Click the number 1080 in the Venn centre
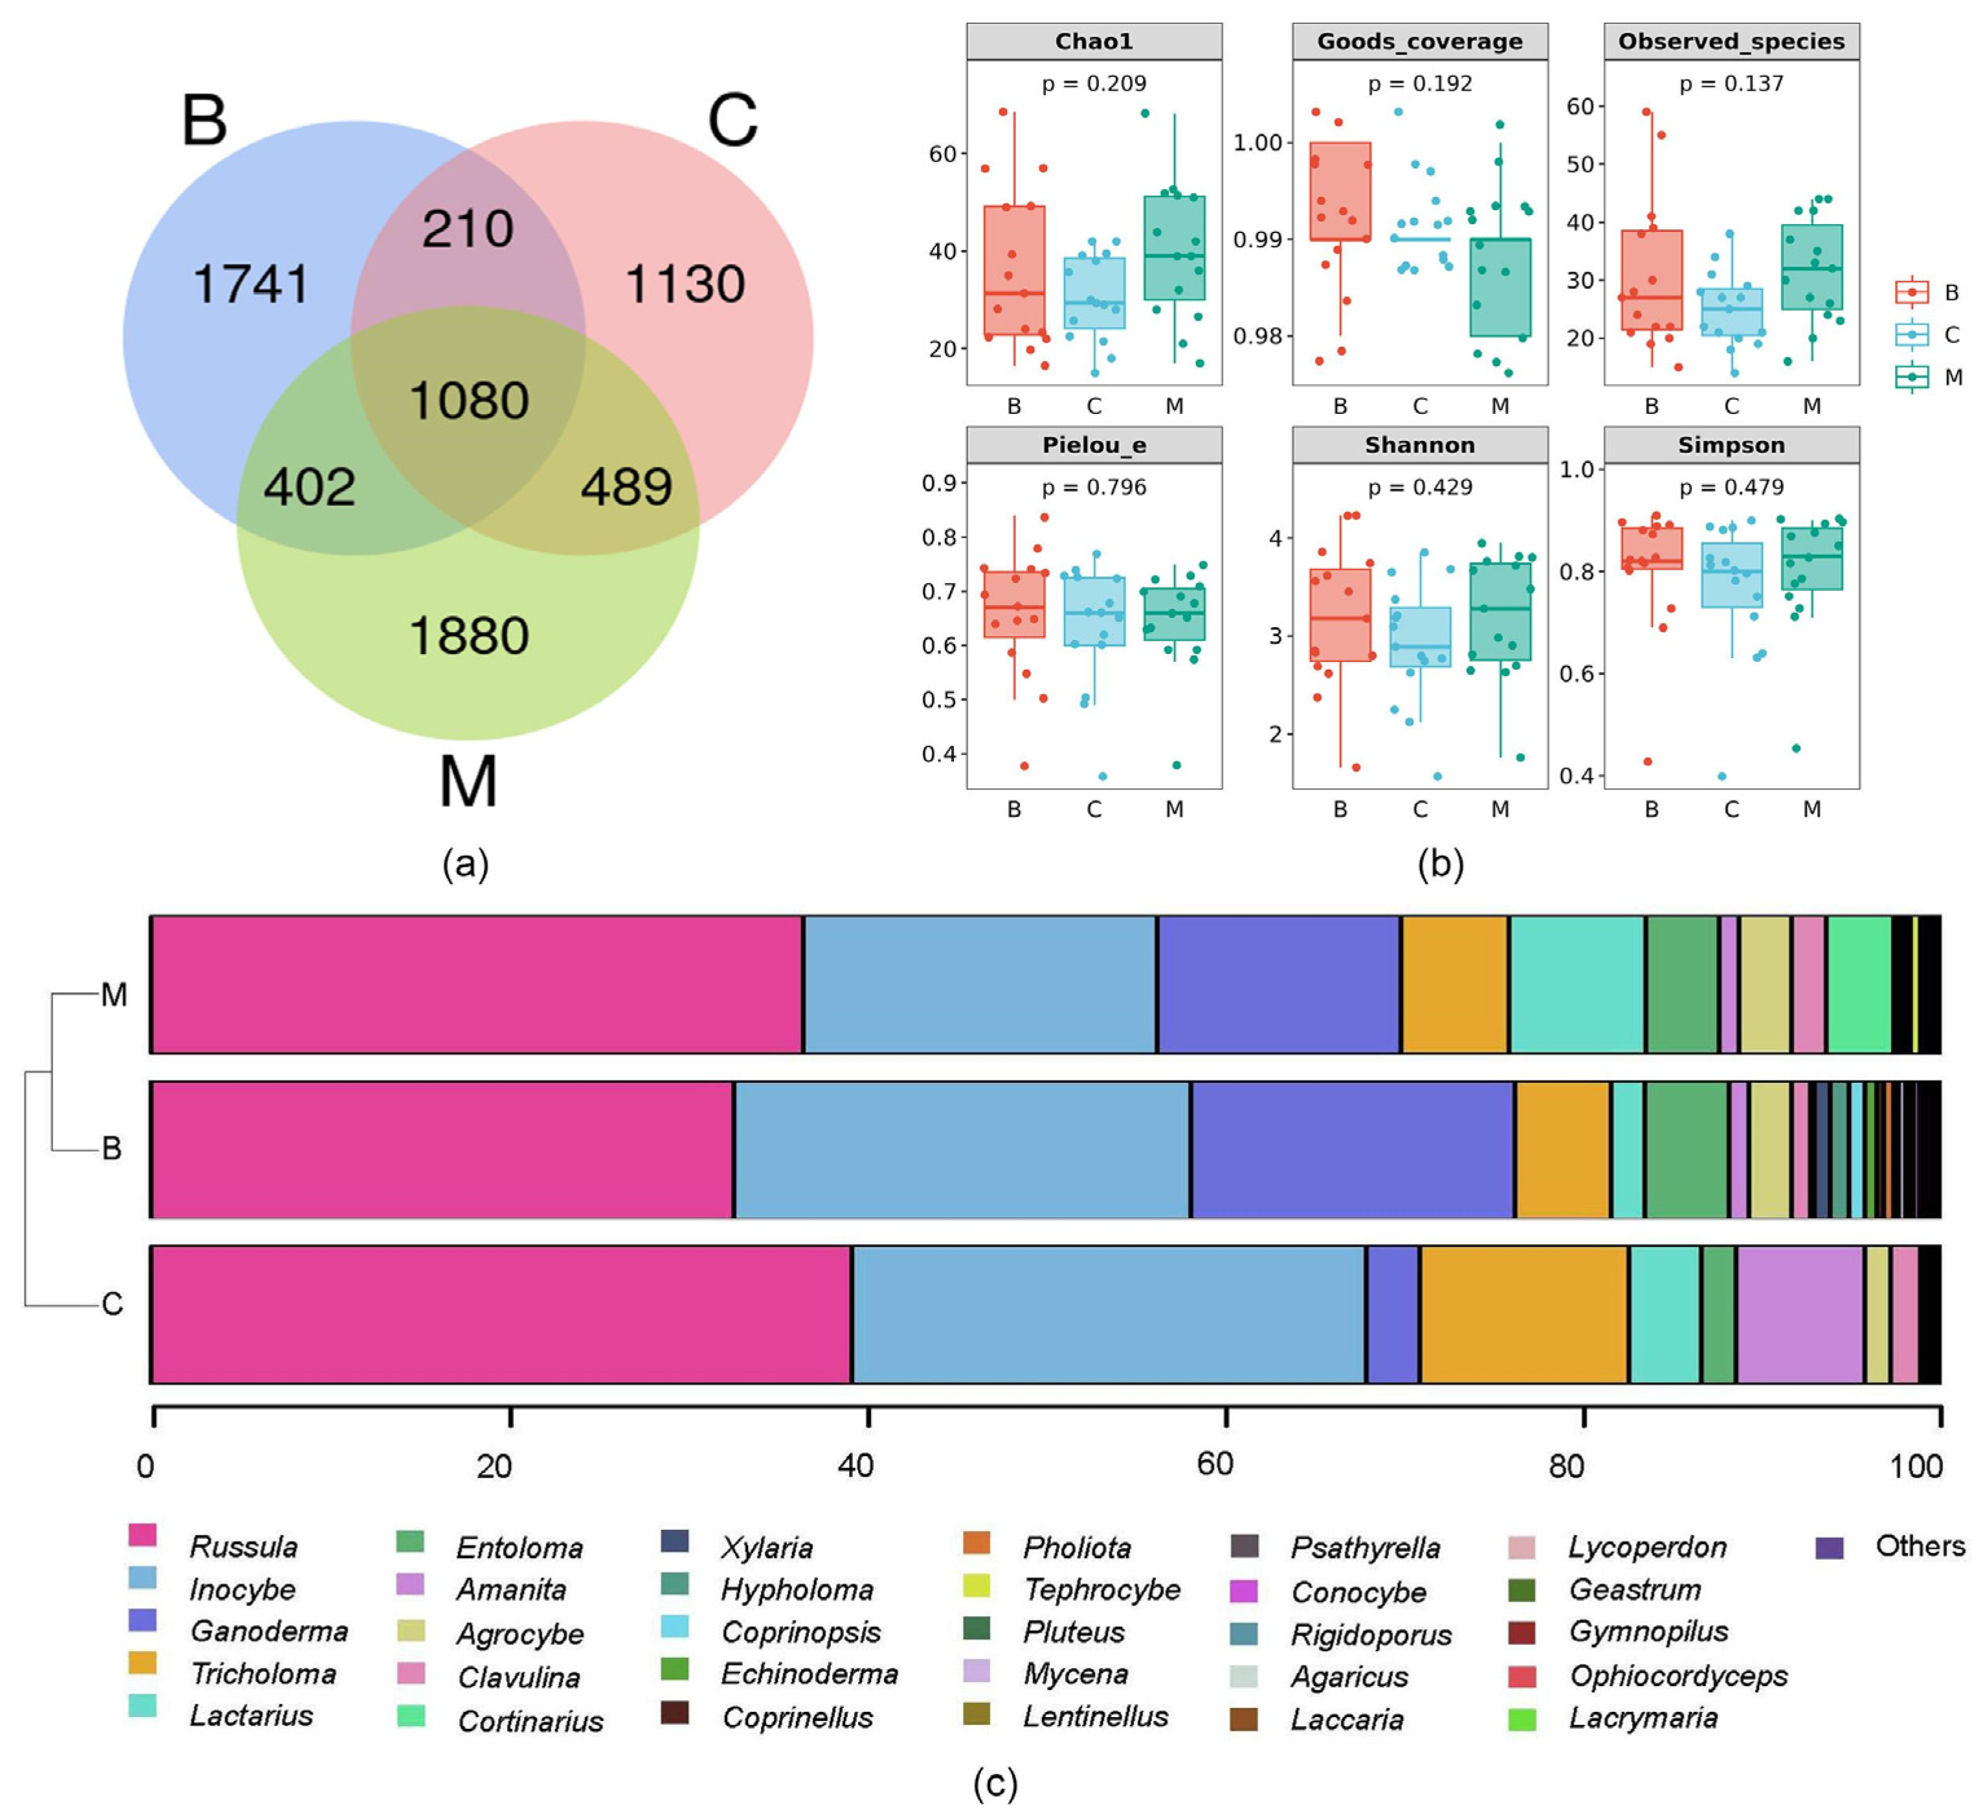[469, 401]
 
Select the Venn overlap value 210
[468, 229]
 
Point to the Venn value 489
[626, 486]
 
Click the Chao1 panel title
[1094, 41]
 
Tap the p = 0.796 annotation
[1094, 487]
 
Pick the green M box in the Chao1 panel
[1174, 247]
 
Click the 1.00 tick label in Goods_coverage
[1258, 143]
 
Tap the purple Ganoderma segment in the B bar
[1352, 1150]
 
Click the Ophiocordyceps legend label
[1679, 1676]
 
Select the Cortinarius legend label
[530, 1722]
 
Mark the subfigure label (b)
[1440, 864]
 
